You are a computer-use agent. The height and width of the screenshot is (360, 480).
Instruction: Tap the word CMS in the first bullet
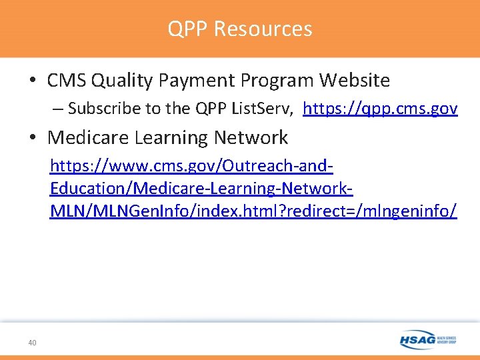point(66,81)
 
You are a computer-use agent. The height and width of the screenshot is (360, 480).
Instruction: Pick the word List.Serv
point(263,109)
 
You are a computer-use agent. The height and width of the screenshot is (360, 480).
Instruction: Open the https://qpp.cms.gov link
point(380,109)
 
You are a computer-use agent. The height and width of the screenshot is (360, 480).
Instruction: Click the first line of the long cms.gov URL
point(192,166)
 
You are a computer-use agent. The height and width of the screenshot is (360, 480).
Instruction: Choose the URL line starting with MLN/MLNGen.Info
point(253,211)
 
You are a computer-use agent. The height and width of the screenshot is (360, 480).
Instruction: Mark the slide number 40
point(32,343)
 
